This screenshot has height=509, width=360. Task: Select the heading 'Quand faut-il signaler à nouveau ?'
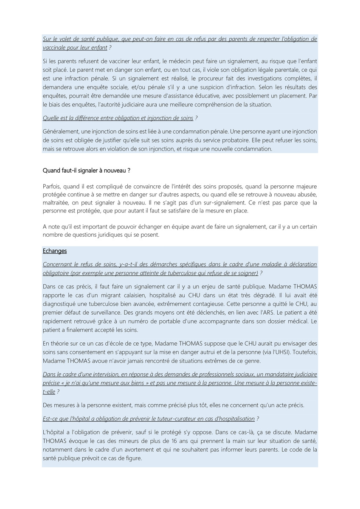[87, 171]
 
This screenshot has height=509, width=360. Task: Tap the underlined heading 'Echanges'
[55, 251]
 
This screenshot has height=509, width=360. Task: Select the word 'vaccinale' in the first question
[55, 48]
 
